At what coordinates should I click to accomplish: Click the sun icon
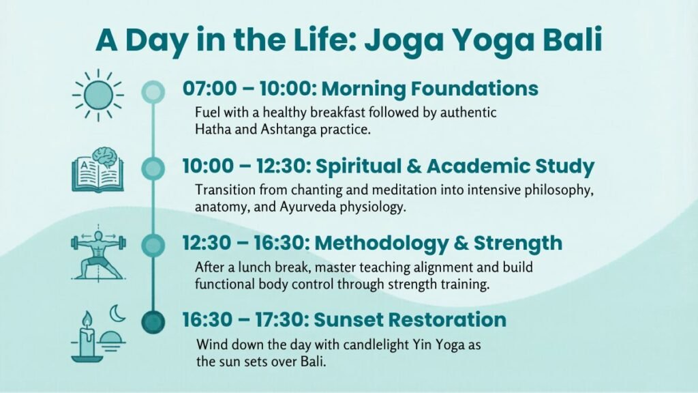[98, 94]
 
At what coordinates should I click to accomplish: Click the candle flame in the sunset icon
[87, 319]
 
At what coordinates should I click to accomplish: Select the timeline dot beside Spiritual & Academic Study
[153, 167]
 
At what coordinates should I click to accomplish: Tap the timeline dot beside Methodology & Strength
[153, 244]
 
